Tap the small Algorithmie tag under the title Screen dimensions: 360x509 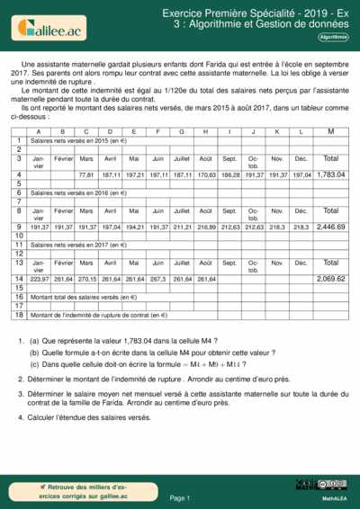coord(333,37)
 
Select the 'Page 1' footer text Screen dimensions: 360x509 coord(179,497)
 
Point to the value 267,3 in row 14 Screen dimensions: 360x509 coord(158,280)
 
